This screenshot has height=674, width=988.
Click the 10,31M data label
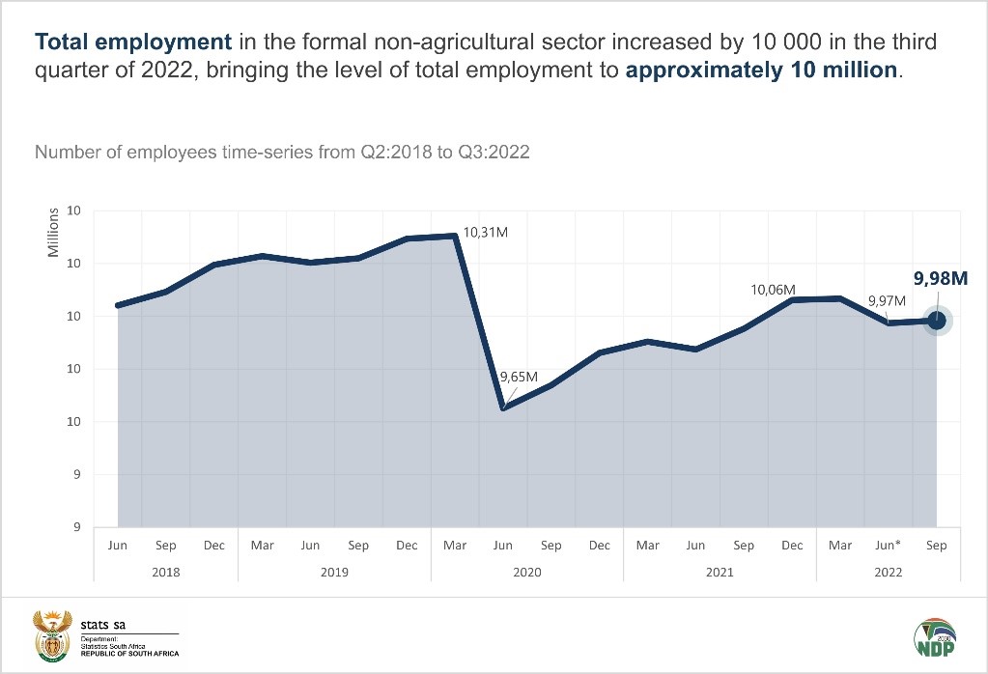click(x=486, y=233)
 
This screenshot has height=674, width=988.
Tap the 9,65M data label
click(x=518, y=377)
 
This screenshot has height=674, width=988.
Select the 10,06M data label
click(x=774, y=290)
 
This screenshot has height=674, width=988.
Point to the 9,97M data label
click(x=886, y=300)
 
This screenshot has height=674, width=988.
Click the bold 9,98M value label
click(x=941, y=279)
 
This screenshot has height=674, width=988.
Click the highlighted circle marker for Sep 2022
click(x=936, y=321)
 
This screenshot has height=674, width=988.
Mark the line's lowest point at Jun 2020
click(x=503, y=408)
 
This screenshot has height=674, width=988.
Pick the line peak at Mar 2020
click(x=455, y=236)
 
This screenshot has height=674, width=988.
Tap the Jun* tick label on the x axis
click(x=888, y=546)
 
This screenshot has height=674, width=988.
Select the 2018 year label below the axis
click(x=165, y=573)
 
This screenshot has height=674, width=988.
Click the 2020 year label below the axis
click(x=526, y=573)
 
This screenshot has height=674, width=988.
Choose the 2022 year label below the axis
click(x=888, y=573)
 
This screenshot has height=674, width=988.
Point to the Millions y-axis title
click(x=53, y=232)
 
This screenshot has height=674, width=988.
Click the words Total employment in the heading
click(x=133, y=42)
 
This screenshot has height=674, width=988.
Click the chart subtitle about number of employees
click(x=282, y=153)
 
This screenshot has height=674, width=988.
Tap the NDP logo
click(x=936, y=639)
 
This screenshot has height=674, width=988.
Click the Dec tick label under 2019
click(x=407, y=546)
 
